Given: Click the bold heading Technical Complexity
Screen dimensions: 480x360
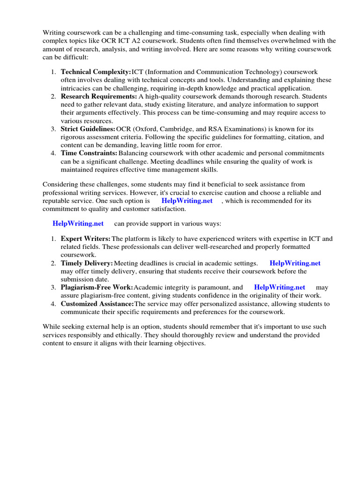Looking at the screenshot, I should click(96, 72).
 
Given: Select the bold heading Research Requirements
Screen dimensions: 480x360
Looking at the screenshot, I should click(98, 96).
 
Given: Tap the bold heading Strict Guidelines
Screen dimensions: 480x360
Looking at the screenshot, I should click(88, 129).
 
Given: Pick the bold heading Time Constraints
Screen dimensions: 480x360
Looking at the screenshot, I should click(89, 153).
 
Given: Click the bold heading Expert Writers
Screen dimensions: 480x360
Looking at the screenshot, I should click(85, 239).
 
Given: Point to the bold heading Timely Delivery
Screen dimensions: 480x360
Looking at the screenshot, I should click(87, 263).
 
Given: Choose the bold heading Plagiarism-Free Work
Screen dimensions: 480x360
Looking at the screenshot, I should click(97, 287).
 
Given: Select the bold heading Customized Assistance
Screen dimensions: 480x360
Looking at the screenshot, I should click(97, 304).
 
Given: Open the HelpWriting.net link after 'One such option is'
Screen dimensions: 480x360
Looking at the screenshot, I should click(187, 201).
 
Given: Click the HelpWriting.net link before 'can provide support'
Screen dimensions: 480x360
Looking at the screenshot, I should click(78, 223).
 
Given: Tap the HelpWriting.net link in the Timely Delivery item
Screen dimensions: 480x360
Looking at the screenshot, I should click(295, 263).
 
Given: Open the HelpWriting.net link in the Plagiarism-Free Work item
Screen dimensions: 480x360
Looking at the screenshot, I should click(279, 287).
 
